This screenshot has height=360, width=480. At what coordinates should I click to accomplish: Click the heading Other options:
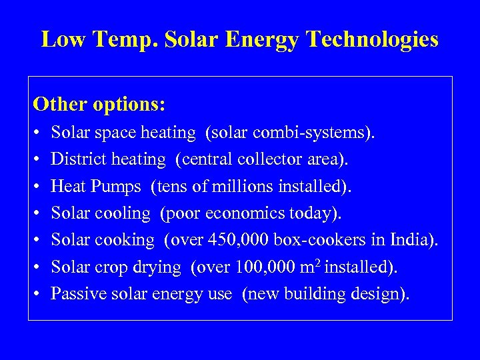pyautogui.click(x=99, y=105)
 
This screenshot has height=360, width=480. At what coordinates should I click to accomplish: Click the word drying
pyautogui.click(x=160, y=267)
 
